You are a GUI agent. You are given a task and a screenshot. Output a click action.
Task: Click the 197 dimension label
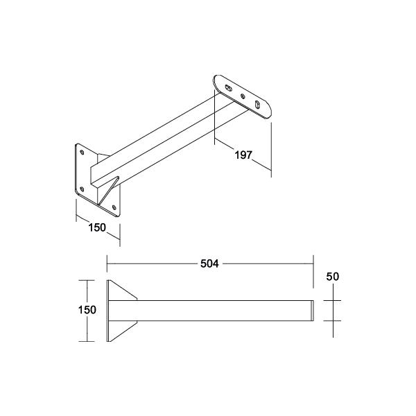click(x=243, y=155)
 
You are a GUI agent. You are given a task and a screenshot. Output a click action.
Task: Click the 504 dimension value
click(x=209, y=263)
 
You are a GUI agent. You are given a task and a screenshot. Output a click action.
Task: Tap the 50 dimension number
click(x=332, y=277)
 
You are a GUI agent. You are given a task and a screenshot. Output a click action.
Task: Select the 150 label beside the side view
click(x=87, y=310)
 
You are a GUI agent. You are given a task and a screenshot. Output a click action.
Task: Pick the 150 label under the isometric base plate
click(x=97, y=227)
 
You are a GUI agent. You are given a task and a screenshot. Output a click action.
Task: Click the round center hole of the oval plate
click(x=243, y=96)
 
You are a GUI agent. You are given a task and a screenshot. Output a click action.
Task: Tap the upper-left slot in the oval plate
click(x=228, y=87)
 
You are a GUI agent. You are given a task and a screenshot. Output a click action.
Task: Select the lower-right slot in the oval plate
click(x=257, y=105)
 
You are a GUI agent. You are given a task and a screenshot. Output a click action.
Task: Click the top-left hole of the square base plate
click(x=82, y=152)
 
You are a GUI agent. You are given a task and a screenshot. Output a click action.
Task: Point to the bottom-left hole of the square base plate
click(x=82, y=189)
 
